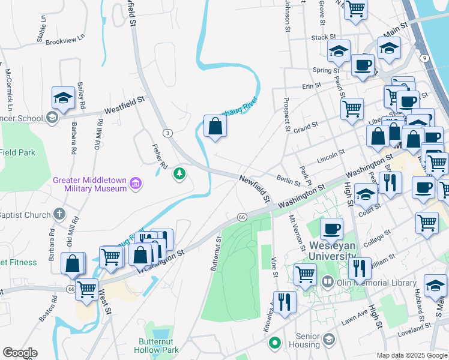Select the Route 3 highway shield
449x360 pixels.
pyautogui.click(x=167, y=133)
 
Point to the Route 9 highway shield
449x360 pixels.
pyautogui.click(x=424, y=58)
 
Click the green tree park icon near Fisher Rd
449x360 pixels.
pyautogui.click(x=178, y=174)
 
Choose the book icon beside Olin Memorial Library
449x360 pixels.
pyautogui.click(x=328, y=281)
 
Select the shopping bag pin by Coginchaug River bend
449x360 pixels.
pyautogui.click(x=215, y=127)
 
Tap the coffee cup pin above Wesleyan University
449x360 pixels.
pyautogui.click(x=331, y=229)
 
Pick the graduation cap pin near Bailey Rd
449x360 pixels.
pyautogui.click(x=63, y=97)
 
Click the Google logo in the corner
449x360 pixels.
pyautogui.click(x=20, y=353)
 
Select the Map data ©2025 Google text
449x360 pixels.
pyautogui.click(x=412, y=355)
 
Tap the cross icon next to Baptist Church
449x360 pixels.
pyautogui.click(x=59, y=214)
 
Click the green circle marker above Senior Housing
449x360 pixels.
pyautogui.click(x=275, y=343)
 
